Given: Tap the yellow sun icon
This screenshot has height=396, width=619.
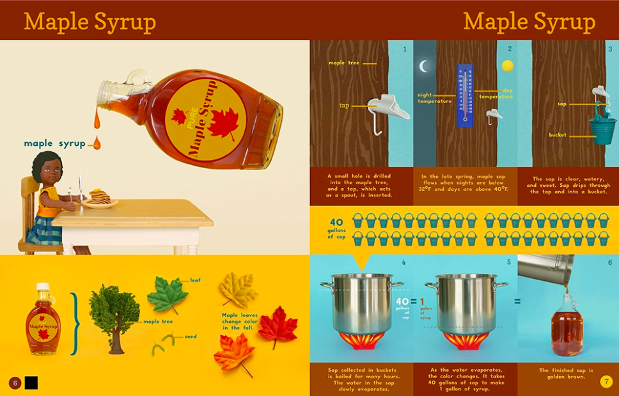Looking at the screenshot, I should coord(507,65).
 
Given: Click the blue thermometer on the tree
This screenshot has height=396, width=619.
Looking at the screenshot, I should coord(465,95).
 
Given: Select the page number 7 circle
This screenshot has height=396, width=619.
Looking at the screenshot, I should coord(606,382).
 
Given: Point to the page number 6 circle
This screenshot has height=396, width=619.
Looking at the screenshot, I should coord(15,383).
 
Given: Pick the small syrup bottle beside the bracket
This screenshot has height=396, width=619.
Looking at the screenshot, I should coord(43,319).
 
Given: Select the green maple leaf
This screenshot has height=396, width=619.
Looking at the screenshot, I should coord(167,294).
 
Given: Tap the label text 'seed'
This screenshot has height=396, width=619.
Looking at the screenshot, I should coord(191,336).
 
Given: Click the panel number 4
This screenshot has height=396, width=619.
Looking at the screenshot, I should coord(404,262).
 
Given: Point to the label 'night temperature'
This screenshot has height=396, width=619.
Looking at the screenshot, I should coord(435,98).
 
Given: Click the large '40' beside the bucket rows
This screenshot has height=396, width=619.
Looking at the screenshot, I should coord(337,223).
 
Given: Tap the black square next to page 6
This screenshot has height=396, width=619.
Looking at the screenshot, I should coord(31,383).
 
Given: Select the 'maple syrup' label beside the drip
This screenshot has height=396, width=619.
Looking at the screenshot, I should coord(54,143).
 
